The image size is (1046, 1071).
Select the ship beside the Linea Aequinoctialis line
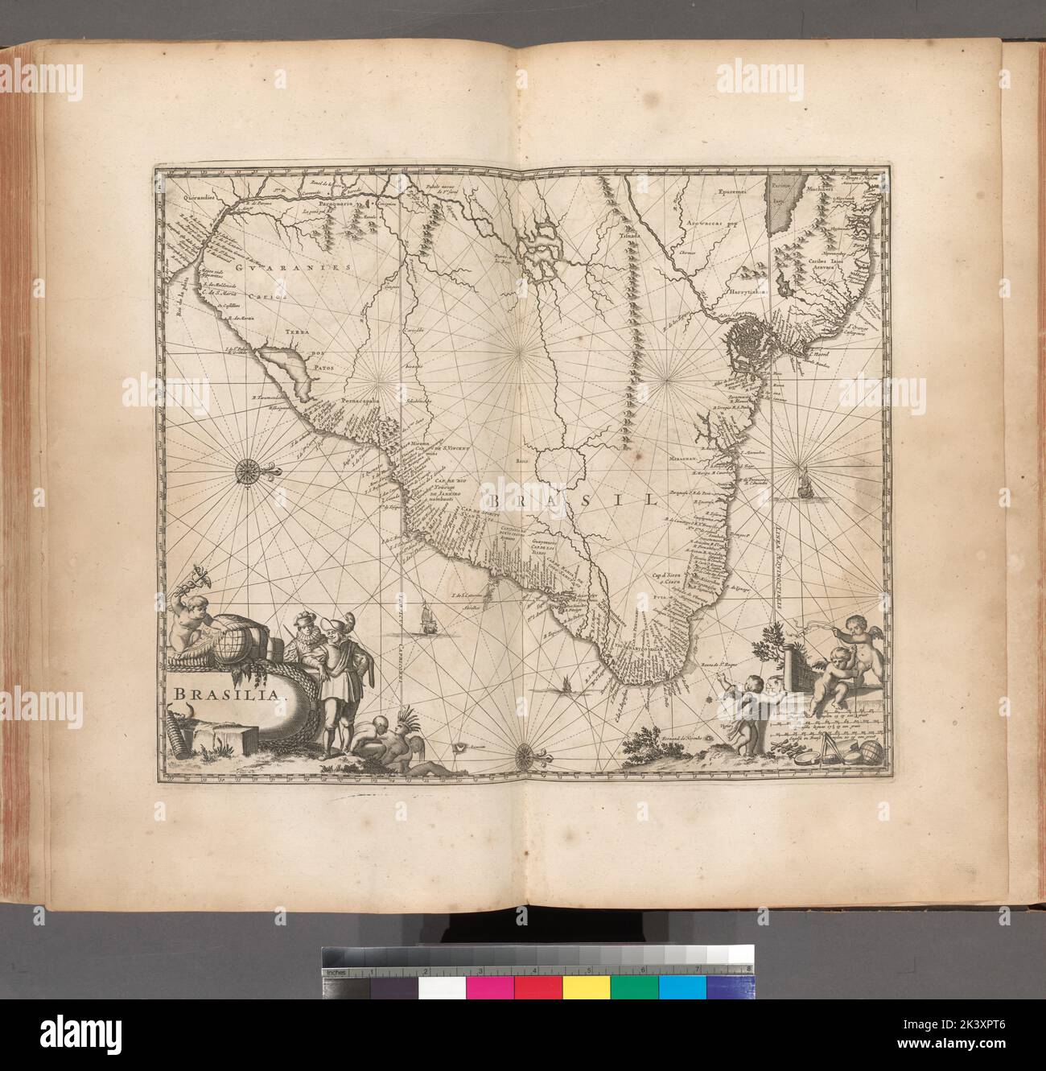802,486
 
